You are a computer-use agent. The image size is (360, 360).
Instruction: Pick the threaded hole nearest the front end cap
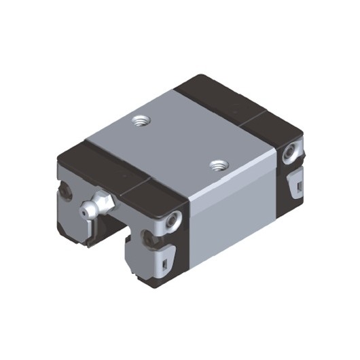click(218, 164)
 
